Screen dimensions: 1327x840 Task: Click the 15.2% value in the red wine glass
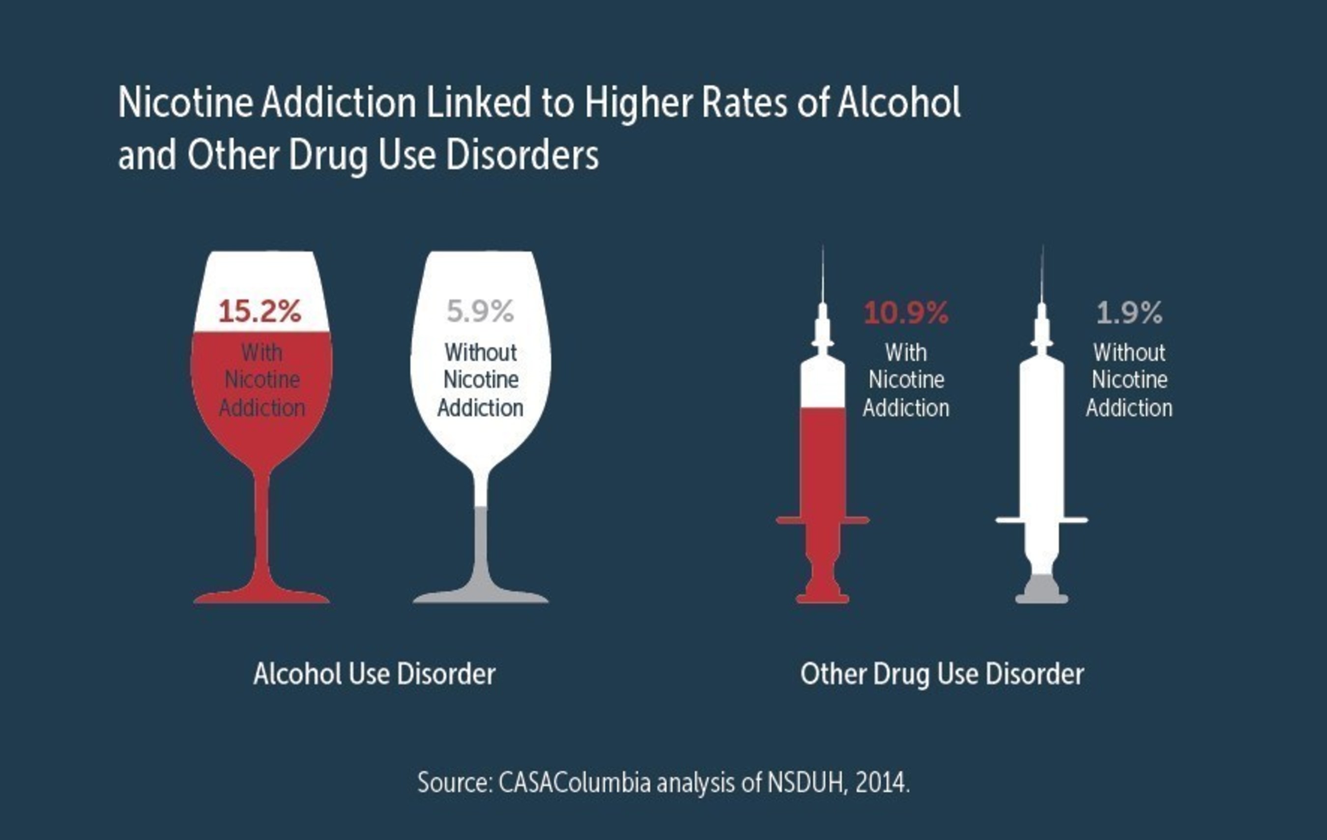[260, 311]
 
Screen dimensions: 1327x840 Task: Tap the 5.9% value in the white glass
[481, 311]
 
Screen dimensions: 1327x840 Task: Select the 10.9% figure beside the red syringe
[906, 313]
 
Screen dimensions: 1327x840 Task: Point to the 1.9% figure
[1129, 313]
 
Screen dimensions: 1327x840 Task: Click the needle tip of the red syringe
[823, 246]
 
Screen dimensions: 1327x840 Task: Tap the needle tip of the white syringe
[1042, 246]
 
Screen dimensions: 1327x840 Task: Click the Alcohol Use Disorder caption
[374, 673]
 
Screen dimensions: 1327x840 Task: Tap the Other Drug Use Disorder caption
[942, 674]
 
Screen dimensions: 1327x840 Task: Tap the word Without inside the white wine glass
[481, 353]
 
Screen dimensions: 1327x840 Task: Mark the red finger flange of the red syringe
[823, 520]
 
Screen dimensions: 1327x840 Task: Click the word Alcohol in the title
[899, 103]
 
